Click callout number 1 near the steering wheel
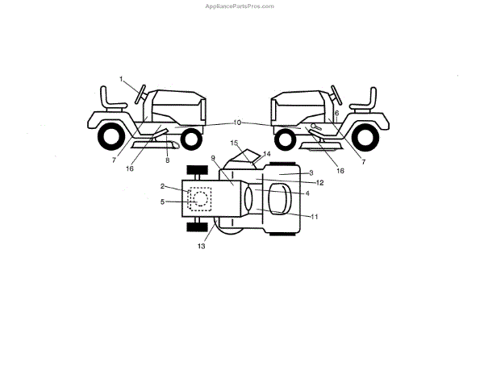coord(122,79)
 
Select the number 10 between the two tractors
coord(237,123)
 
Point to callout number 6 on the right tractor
coord(336,113)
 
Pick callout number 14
coord(267,153)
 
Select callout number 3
coord(311,172)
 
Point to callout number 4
coord(307,193)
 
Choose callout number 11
coord(315,216)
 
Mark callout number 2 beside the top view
coord(162,186)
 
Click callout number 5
coord(162,202)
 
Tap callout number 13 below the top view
coord(201,246)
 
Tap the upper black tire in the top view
coord(198,171)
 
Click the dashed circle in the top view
coord(200,198)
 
